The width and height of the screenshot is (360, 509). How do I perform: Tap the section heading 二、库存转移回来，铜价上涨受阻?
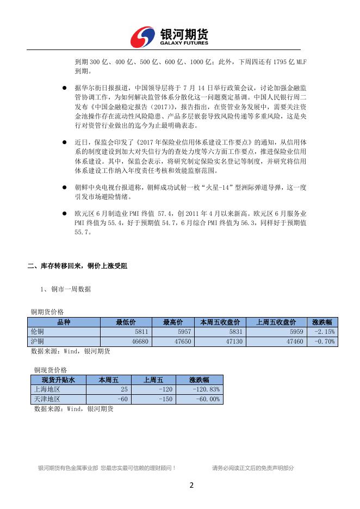pyautogui.click(x=78, y=266)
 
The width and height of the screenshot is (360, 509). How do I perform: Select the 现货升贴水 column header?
pyautogui.click(x=56, y=380)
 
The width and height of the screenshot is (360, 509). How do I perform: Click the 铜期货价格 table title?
pyautogui.click(x=47, y=312)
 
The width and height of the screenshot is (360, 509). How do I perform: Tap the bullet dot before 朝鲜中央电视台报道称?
pyautogui.click(x=65, y=187)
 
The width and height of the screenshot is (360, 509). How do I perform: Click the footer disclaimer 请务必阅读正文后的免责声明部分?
pyautogui.click(x=253, y=468)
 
